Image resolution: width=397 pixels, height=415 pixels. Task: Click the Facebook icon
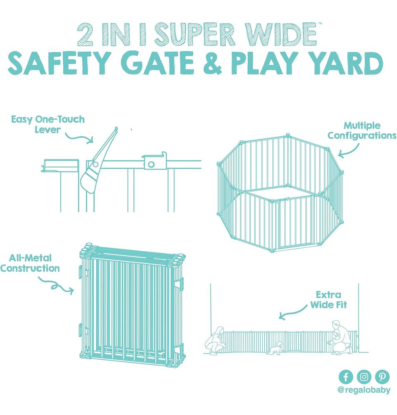(x=346, y=376)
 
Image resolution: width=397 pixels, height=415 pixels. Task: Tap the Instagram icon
(x=364, y=376)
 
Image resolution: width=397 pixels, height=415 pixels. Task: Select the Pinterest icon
(x=382, y=376)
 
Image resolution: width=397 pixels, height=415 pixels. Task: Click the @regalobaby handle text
(x=364, y=390)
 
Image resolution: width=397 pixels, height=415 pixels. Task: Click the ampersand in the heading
(x=212, y=63)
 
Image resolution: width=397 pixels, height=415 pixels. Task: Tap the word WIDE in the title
(x=280, y=34)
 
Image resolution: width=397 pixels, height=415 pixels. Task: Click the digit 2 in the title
(x=85, y=35)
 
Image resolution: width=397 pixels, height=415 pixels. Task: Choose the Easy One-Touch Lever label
(x=48, y=124)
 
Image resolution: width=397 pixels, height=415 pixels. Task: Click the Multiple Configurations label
(x=362, y=130)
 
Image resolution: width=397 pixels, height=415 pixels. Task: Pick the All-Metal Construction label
(x=30, y=263)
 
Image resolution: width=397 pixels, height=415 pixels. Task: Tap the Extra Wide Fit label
(x=328, y=300)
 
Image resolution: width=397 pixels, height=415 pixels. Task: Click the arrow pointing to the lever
(x=79, y=137)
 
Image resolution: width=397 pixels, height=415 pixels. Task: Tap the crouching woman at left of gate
(x=215, y=341)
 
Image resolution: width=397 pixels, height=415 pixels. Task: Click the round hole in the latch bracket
(x=151, y=164)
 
